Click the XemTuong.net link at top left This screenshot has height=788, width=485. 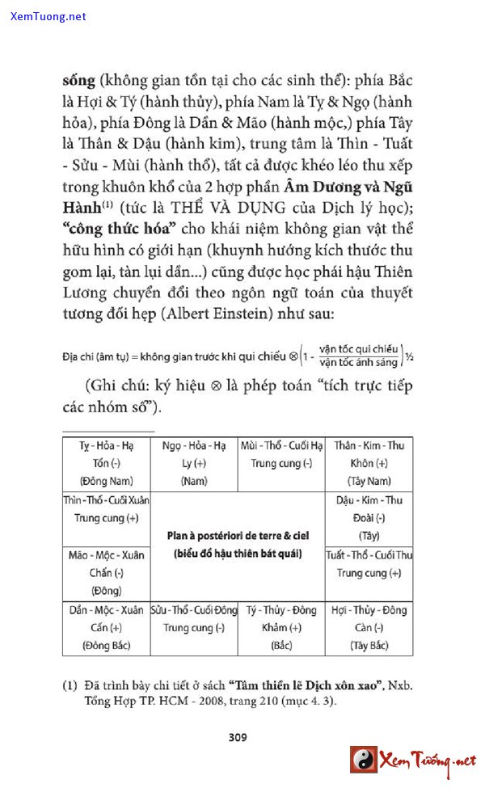point(48,16)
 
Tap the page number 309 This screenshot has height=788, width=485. point(238,736)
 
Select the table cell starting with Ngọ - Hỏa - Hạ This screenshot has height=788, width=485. point(194,463)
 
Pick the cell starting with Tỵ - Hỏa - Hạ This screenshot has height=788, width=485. point(106,463)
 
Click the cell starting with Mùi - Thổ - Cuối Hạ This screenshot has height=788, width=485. point(281,454)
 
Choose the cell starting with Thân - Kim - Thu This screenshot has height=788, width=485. point(369,463)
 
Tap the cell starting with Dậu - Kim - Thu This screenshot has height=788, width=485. point(369,517)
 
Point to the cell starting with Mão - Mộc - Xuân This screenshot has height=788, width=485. point(106,572)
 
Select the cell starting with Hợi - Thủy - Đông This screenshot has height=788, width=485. point(369,627)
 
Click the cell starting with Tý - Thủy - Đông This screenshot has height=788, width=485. point(281,627)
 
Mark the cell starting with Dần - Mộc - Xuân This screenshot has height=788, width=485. point(106,627)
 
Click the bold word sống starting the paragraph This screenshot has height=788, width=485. point(78,81)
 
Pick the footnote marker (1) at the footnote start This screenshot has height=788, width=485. point(70,686)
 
